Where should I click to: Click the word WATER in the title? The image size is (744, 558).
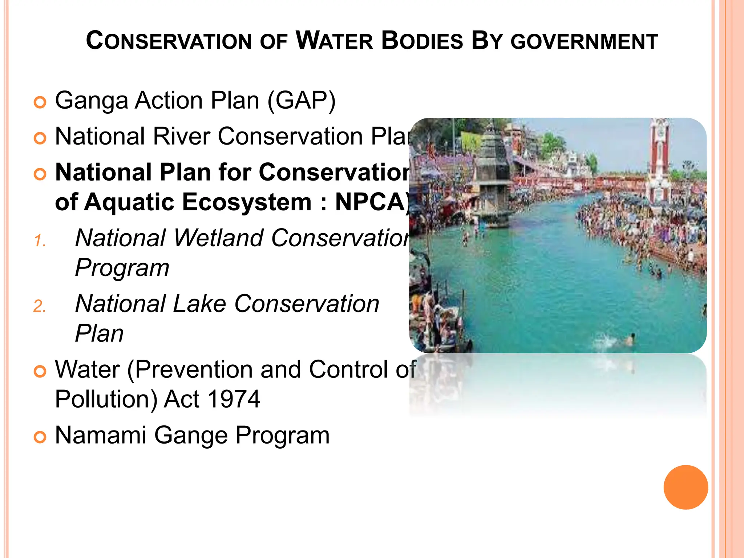click(x=335, y=41)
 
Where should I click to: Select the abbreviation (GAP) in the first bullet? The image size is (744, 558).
click(x=302, y=100)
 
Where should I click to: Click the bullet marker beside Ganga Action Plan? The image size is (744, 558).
click(x=40, y=102)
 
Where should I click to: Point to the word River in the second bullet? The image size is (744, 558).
click(x=182, y=136)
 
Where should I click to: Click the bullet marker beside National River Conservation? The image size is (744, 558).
click(x=40, y=138)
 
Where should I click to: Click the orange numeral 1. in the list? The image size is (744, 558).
click(x=40, y=241)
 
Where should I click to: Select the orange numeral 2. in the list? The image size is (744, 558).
click(x=40, y=306)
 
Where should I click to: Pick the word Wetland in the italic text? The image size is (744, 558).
click(x=218, y=238)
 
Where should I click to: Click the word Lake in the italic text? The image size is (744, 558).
click(x=200, y=304)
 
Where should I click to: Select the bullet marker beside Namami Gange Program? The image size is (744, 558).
click(x=40, y=437)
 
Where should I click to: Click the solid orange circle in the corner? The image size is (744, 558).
click(x=686, y=487)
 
